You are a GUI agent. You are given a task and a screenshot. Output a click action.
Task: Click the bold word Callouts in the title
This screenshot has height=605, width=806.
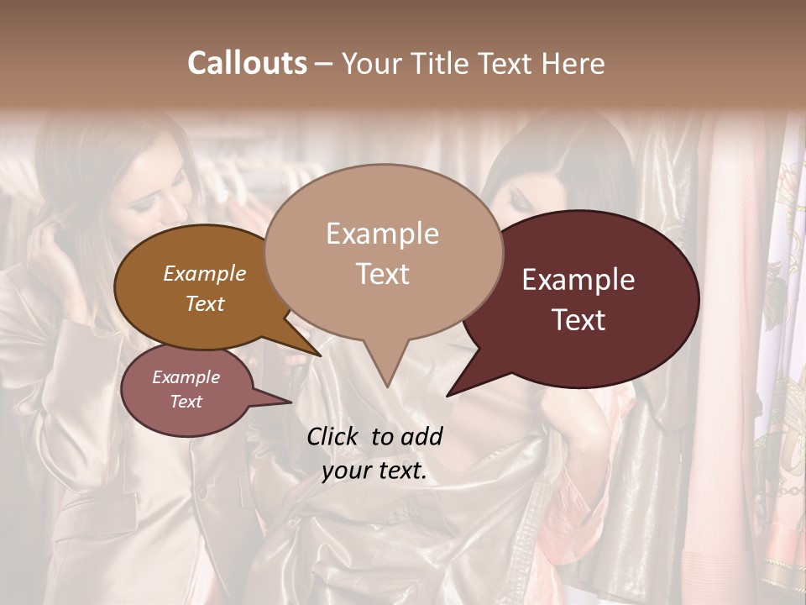[247, 63]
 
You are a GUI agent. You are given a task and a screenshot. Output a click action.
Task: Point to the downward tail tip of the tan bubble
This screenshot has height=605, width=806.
[386, 386]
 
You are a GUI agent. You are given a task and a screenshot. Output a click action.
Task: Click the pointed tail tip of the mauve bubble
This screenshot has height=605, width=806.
[290, 402]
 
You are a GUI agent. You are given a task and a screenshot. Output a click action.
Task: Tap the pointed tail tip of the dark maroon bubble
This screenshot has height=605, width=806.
[448, 395]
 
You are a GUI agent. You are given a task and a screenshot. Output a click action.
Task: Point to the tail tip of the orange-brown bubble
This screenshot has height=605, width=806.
[321, 355]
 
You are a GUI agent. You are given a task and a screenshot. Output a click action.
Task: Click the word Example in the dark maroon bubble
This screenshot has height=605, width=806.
[578, 281]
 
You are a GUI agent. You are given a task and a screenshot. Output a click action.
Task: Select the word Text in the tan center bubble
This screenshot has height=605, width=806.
[383, 274]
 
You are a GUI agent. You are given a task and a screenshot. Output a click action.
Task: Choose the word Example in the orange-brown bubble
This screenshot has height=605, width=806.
[205, 274]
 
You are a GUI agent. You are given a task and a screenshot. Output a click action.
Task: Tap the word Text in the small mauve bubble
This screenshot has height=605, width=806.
[186, 402]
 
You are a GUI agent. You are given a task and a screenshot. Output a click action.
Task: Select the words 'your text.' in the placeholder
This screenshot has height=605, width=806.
[374, 471]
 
